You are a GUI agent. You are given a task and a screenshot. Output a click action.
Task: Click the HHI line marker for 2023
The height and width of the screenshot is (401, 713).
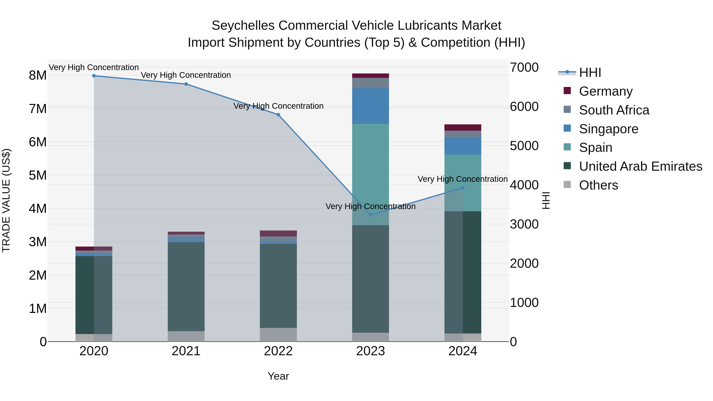coord(371,215)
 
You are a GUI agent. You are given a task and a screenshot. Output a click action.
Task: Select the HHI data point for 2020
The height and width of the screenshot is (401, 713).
coord(94,76)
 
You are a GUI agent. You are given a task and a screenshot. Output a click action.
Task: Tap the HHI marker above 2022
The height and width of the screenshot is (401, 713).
coord(278,115)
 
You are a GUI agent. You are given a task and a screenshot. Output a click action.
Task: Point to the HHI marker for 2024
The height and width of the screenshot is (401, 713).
coord(463,188)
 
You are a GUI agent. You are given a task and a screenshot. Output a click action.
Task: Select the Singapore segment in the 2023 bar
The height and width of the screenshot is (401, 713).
coord(371,106)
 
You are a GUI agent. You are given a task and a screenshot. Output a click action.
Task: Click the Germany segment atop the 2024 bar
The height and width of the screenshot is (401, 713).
coord(463,128)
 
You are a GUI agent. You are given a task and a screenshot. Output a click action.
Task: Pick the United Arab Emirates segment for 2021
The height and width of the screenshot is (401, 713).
coord(186,286)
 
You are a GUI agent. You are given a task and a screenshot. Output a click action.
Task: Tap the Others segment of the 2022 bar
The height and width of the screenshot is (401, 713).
coord(278,335)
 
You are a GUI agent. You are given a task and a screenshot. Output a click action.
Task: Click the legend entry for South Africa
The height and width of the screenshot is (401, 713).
coord(614,110)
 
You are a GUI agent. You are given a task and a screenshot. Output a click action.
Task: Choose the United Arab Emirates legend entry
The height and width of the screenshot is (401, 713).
coord(641,166)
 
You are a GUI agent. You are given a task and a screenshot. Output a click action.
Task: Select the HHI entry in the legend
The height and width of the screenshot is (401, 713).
coord(590,72)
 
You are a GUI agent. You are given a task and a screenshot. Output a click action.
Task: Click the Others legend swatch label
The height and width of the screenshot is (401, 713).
coord(598,185)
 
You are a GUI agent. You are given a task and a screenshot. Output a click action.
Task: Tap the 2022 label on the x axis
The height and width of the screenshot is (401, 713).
coord(278,351)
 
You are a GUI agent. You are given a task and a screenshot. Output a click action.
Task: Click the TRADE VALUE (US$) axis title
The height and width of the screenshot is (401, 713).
coord(6,200)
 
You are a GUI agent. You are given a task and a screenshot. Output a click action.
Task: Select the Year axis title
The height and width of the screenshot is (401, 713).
coord(278,376)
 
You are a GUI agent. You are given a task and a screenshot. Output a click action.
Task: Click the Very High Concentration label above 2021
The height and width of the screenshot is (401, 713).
coord(186,75)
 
